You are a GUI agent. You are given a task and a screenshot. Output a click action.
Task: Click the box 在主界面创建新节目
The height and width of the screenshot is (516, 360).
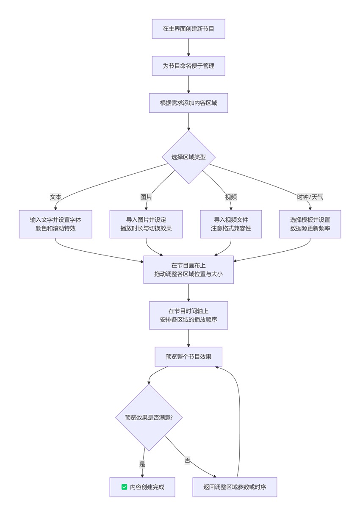coord(188,29)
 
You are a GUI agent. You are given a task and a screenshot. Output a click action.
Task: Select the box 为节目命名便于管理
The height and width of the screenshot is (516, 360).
coord(188,66)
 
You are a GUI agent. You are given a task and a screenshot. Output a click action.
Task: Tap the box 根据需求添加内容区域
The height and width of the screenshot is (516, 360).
coord(188,103)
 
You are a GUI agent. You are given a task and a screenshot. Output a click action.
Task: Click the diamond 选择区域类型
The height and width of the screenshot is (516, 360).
coord(188,157)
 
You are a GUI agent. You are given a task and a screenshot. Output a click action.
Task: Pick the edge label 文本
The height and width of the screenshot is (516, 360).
coord(55,197)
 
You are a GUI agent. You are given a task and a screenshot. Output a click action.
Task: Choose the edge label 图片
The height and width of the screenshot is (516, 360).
coord(146,197)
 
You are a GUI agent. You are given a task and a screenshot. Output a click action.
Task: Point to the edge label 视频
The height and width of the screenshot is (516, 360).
coord(231,197)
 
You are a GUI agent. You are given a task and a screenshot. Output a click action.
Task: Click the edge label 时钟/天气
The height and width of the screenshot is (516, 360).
coord(310,197)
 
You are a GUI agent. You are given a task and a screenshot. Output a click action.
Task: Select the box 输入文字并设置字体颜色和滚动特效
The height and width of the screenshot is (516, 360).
coord(55,224)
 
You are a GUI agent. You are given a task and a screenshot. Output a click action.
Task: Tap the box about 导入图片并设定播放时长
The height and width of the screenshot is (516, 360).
coord(146,224)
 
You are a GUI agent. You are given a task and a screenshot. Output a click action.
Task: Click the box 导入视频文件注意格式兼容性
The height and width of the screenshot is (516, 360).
coord(231,224)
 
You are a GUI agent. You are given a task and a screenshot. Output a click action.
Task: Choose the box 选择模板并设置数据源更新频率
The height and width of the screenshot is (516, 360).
coord(310,224)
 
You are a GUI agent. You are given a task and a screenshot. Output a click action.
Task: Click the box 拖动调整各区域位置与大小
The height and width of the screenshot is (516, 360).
coord(188,269)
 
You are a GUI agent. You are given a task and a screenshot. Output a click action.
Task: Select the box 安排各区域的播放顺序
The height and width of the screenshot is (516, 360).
coord(188,315)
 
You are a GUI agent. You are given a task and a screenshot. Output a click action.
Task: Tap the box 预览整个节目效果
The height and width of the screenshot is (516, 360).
coord(188,357)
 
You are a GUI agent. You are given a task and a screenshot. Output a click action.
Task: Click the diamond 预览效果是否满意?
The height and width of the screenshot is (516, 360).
coord(149,417)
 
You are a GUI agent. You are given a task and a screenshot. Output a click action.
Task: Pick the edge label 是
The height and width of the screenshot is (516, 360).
coord(142,464)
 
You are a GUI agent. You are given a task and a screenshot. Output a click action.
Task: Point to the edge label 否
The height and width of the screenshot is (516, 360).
coord(187,461)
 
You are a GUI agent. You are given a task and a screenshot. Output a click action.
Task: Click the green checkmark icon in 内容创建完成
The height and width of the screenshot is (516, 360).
coord(124,487)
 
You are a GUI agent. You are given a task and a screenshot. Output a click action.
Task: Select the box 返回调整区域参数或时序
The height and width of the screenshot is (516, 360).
coord(235,487)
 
